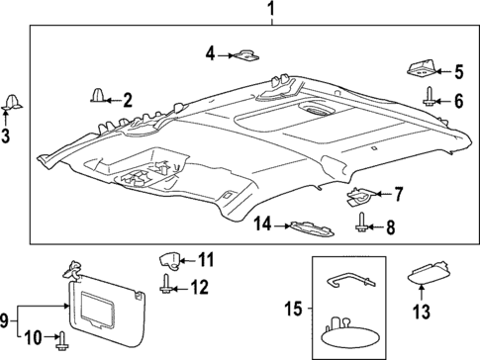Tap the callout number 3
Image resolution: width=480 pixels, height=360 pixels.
(7, 136)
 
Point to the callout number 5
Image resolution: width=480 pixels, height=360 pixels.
(458, 70)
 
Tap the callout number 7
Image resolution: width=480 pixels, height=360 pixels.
(399, 195)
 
